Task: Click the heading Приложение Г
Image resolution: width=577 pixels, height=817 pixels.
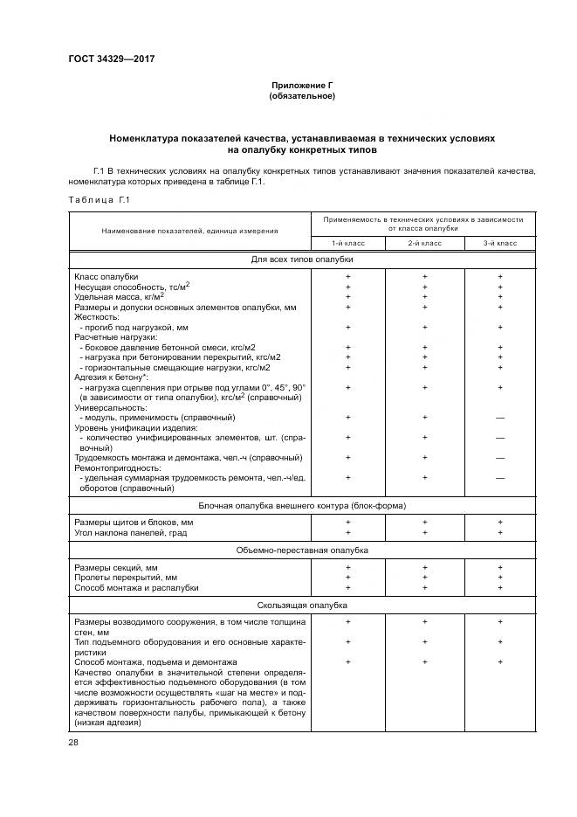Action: coord(301,85)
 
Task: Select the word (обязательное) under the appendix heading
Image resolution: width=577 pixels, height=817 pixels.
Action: coord(301,95)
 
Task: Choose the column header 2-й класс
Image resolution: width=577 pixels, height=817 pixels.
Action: coord(424,241)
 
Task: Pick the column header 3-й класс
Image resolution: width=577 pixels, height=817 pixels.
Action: coord(500,241)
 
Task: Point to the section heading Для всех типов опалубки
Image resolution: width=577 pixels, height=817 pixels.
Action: coord(302,260)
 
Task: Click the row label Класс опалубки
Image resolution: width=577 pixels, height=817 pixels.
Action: coord(106,276)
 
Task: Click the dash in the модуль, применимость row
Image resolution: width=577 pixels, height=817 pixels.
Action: coord(500,418)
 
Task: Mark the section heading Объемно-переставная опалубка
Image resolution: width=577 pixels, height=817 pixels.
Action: coord(302,550)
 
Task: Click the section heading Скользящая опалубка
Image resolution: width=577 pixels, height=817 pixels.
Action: coord(302,605)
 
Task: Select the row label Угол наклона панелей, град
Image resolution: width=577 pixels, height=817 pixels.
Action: coord(131,532)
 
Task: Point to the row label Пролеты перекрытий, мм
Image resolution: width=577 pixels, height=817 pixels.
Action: coord(126,577)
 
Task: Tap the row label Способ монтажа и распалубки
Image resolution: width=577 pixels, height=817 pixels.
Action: coord(136,587)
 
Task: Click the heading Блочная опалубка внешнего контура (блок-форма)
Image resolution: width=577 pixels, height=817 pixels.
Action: coord(302,505)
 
